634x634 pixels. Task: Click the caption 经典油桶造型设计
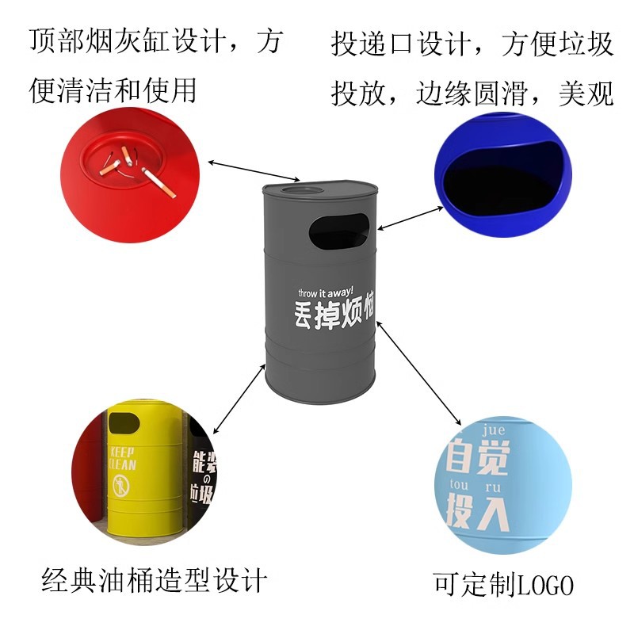(x=155, y=581)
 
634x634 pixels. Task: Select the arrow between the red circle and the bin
(x=254, y=170)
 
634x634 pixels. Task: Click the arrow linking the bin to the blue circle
(x=410, y=217)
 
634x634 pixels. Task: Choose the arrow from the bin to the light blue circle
(x=420, y=372)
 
